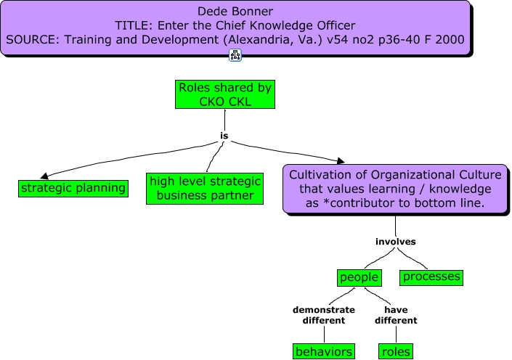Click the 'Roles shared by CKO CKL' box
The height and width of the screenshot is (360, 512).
[x=225, y=94]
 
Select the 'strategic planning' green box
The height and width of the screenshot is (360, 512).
[x=73, y=189]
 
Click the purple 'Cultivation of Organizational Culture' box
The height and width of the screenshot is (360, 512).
[x=395, y=189]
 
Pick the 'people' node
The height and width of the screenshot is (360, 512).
[x=359, y=277]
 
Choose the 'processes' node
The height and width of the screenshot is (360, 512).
[x=431, y=277]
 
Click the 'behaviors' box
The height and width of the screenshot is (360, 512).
[x=324, y=352]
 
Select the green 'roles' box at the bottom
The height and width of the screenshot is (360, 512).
[x=396, y=352]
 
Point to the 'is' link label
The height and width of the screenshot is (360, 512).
[x=224, y=136]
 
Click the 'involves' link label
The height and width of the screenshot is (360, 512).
[x=395, y=241]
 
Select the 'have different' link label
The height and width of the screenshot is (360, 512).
[x=396, y=314]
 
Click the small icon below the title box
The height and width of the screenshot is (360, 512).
[x=235, y=55]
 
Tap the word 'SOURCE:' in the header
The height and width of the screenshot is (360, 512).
[x=33, y=40]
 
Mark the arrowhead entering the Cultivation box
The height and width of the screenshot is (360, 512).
[x=339, y=160]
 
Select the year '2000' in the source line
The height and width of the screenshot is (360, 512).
[x=450, y=40]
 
